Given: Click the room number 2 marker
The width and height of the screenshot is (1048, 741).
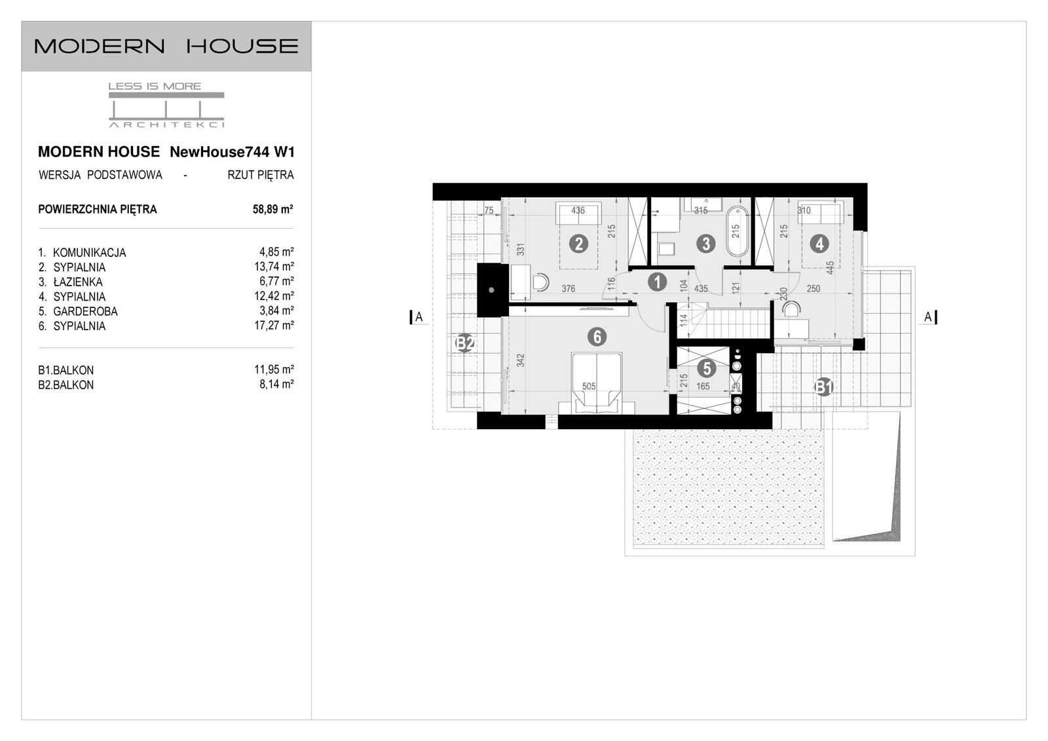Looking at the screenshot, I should (x=578, y=244).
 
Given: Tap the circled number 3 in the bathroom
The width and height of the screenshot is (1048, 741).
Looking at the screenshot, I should (x=705, y=244).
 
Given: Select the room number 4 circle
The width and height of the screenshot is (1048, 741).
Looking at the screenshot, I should (x=819, y=244).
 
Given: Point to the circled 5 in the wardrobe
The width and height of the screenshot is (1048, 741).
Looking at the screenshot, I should (x=706, y=368).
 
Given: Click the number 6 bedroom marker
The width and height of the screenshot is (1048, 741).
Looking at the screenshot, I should (x=597, y=337).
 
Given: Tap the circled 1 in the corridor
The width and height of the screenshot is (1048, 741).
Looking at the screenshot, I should (x=657, y=282).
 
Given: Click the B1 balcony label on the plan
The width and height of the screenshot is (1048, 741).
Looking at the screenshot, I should (x=823, y=387).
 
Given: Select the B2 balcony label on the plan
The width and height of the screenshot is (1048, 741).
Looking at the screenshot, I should (x=465, y=343).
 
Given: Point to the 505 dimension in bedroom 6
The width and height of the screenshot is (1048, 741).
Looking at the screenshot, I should (x=589, y=386).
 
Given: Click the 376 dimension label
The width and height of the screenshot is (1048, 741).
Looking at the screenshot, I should (x=568, y=289).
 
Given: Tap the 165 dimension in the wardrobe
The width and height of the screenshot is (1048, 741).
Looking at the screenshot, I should (x=703, y=387).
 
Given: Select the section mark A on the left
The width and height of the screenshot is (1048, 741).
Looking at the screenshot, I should (x=419, y=317).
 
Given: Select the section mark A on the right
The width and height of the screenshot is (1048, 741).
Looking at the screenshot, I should (x=928, y=317).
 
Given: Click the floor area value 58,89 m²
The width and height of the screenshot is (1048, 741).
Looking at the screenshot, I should (x=272, y=210).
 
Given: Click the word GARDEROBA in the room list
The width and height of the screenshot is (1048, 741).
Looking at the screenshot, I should (x=85, y=312).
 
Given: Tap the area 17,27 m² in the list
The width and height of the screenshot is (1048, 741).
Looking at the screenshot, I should (x=274, y=325).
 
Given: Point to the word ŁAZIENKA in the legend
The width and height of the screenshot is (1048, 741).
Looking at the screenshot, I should (x=78, y=282).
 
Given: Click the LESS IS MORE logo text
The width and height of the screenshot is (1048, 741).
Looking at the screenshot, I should (x=155, y=86).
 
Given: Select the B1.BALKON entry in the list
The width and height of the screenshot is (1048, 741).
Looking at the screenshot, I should (x=65, y=370).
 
